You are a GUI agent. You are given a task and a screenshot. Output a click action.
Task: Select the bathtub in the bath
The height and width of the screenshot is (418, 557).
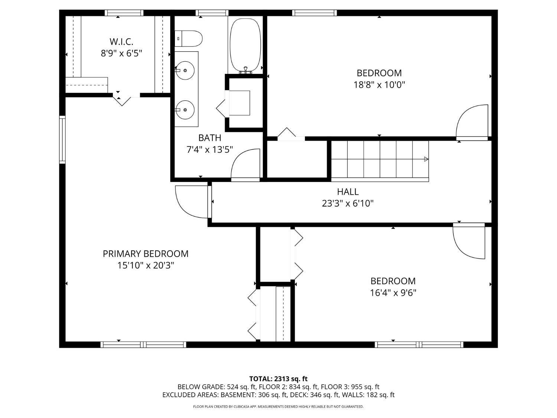[x=245, y=44]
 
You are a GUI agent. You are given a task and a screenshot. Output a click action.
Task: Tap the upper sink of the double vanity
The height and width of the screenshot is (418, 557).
[x=185, y=70]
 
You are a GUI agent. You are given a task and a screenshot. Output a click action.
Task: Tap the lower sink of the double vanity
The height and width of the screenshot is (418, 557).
[x=185, y=110]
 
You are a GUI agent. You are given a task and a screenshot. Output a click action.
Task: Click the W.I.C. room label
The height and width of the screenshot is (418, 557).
[x=121, y=41]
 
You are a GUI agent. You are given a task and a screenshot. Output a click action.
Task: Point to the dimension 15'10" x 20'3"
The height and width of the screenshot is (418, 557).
[x=146, y=265]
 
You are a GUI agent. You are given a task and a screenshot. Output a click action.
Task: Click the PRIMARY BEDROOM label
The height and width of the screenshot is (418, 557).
[x=146, y=254]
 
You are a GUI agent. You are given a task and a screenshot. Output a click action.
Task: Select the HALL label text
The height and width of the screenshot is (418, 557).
[x=348, y=192]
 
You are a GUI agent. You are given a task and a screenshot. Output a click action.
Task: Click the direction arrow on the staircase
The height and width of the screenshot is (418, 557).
[x=426, y=159]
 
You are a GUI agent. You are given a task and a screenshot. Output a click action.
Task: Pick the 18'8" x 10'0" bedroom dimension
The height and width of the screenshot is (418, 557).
[x=379, y=85]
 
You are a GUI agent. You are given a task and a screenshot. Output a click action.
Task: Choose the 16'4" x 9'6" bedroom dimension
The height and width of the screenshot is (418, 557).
[x=393, y=293]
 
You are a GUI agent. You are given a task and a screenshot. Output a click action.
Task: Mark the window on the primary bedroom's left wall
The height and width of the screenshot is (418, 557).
[x=62, y=140]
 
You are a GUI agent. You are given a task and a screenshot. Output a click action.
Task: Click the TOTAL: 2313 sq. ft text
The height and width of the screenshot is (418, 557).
[x=278, y=379]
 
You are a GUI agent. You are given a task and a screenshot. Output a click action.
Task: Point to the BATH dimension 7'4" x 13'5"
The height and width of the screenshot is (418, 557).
[x=210, y=149]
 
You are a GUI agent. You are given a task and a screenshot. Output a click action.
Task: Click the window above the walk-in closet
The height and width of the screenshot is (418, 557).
[x=124, y=13]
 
